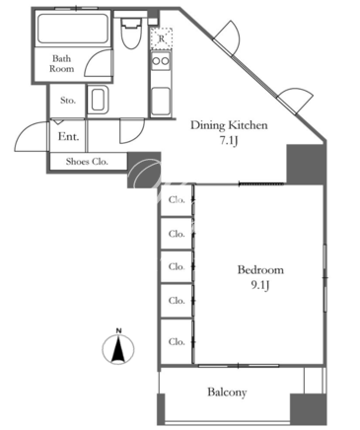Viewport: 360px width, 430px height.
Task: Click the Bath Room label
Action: tap(62, 64)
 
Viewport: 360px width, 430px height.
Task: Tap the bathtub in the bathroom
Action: tap(73, 29)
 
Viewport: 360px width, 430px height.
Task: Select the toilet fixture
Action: tap(129, 34)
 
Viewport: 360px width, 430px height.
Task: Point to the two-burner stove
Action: tap(161, 61)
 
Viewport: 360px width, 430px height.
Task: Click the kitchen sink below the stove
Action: tap(161, 102)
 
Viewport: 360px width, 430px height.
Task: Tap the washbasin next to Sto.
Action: tap(99, 100)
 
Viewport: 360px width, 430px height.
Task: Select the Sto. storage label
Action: tap(68, 101)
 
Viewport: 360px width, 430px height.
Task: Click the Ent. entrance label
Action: tap(68, 136)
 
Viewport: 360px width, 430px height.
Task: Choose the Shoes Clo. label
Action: tap(87, 162)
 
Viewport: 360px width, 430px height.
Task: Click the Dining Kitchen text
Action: tap(229, 125)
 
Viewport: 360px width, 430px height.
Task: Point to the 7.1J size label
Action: tap(229, 141)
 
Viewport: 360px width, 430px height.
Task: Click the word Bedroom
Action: tap(260, 270)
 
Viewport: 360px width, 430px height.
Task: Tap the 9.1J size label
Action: tap(260, 285)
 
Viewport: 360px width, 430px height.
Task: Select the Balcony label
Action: tap(227, 393)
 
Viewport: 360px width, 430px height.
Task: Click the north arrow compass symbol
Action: tap(118, 350)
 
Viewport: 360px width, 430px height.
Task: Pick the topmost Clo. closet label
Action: tap(177, 200)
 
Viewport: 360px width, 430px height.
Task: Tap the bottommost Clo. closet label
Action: tap(177, 342)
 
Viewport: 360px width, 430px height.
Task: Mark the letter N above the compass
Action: tap(118, 330)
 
